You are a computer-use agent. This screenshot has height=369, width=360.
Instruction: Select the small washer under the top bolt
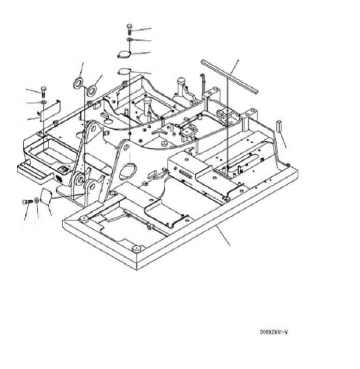point(129,40)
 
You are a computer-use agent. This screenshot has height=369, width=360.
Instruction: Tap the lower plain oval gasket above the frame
point(126,71)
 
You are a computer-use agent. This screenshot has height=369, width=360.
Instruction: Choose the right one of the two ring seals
point(92,90)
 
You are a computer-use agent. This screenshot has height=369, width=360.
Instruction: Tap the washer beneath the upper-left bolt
point(43,102)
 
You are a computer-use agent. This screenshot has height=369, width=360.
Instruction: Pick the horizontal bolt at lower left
point(26,202)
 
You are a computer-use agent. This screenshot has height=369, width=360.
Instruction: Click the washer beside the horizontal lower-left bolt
point(36,201)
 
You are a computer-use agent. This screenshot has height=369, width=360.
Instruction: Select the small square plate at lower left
point(46,197)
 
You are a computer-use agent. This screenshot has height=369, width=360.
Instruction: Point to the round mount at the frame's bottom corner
point(137,248)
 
